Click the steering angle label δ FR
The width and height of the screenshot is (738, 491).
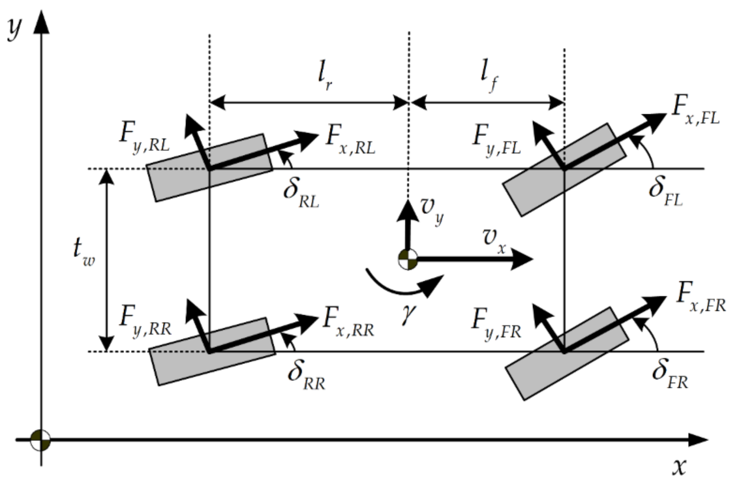[669, 375]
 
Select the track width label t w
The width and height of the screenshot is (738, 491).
[83, 252]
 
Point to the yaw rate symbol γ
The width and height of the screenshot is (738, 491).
[408, 314]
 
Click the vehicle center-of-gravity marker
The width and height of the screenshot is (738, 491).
[408, 259]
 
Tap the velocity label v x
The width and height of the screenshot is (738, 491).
[494, 240]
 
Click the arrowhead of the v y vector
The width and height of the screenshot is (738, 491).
[408, 209]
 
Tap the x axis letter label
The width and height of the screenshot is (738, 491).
[679, 468]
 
